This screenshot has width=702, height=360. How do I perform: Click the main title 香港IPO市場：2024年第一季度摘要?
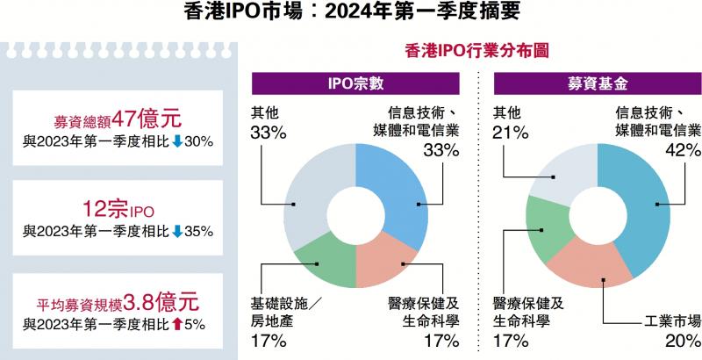(x=351, y=12)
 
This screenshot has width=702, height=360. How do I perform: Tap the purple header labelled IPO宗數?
(x=355, y=84)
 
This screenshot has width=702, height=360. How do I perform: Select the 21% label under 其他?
(x=510, y=133)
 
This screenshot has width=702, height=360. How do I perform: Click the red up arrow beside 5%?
(x=176, y=324)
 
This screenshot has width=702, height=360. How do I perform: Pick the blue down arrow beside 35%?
(x=176, y=232)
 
